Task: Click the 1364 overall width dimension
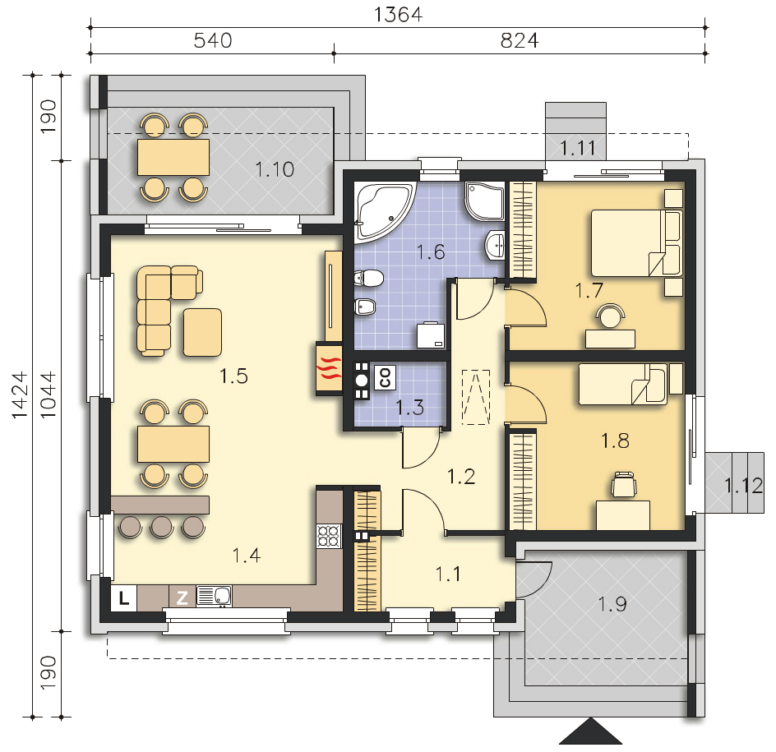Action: click(x=398, y=14)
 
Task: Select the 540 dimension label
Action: click(x=213, y=40)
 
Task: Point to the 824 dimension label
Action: click(x=519, y=40)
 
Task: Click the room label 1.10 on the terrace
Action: click(x=274, y=170)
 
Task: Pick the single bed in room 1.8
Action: click(x=622, y=385)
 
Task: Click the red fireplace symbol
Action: click(x=328, y=368)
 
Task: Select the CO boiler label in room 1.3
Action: click(x=384, y=377)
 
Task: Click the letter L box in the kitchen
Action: click(x=123, y=597)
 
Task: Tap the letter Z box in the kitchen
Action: click(x=182, y=597)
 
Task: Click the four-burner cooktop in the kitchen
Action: click(x=329, y=536)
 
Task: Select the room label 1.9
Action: click(x=612, y=605)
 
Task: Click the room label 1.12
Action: click(x=743, y=485)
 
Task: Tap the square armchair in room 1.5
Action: click(x=201, y=332)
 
